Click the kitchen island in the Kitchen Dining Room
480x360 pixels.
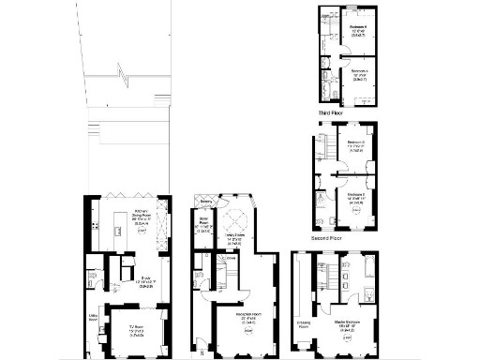pyautogui.click(x=119, y=226)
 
